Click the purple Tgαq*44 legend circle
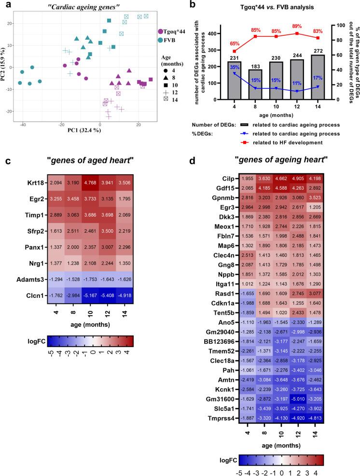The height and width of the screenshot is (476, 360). pyautogui.click(x=161, y=31)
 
